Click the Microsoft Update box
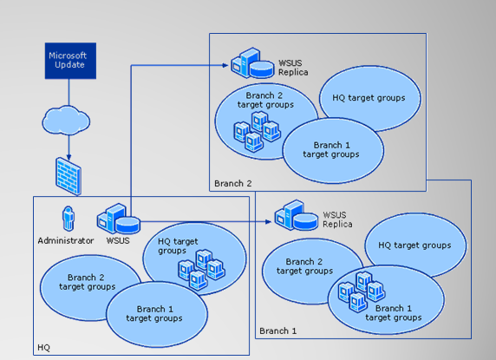[70, 61]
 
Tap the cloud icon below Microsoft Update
[66, 121]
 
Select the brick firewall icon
[69, 176]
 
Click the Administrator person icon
[68, 219]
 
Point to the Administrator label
[66, 241]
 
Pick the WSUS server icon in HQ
[118, 219]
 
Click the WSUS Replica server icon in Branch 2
[252, 63]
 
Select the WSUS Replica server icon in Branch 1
[296, 215]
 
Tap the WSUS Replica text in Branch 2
[293, 68]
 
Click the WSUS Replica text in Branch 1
[337, 219]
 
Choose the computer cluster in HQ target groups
[201, 270]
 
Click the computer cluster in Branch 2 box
[257, 132]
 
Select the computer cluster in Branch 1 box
[362, 291]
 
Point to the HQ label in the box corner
[43, 348]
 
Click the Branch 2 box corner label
[232, 184]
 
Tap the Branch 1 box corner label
[277, 331]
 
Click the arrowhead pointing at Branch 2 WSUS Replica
[225, 65]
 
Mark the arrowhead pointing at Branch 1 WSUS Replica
[268, 222]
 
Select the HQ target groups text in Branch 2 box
[369, 98]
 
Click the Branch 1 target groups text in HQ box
[154, 313]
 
